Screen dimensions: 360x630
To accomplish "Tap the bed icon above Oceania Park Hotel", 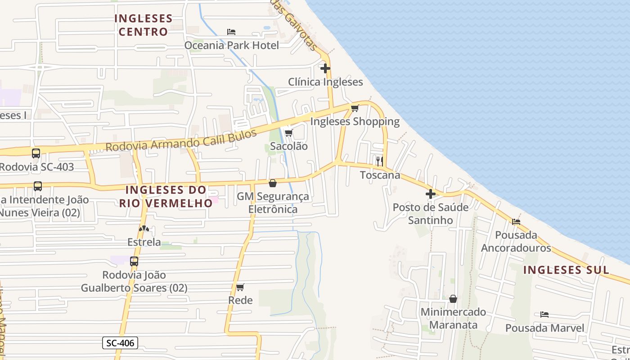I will (x=231, y=32).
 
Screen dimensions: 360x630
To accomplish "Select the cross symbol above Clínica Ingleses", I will (x=325, y=68).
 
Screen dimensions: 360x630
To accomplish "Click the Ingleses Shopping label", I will (x=355, y=121).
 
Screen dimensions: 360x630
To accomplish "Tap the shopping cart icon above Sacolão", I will (x=288, y=133).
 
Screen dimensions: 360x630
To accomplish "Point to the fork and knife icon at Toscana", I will (x=380, y=161).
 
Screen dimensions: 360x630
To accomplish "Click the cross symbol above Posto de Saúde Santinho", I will (x=431, y=194).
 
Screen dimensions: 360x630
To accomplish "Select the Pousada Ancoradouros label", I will (x=516, y=242).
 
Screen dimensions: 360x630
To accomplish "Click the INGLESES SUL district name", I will (x=567, y=270).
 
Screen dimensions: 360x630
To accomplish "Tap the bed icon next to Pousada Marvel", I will (x=544, y=314).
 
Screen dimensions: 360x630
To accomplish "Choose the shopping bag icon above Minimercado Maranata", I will (x=453, y=299).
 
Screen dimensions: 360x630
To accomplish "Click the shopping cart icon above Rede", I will (x=240, y=287).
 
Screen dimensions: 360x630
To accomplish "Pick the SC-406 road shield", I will (x=120, y=343).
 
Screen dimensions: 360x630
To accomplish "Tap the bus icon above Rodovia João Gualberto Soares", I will (x=134, y=261).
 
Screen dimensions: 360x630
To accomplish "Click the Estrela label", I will (x=144, y=242).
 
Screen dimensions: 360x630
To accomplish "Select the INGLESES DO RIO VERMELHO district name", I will (x=166, y=196).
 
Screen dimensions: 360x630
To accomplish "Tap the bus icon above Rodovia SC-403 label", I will (x=36, y=153).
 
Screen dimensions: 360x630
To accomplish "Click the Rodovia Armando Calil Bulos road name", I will (x=181, y=140).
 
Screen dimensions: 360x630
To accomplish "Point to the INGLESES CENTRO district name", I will (x=143, y=25).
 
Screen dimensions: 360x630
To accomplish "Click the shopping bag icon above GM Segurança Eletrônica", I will (x=273, y=183).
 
